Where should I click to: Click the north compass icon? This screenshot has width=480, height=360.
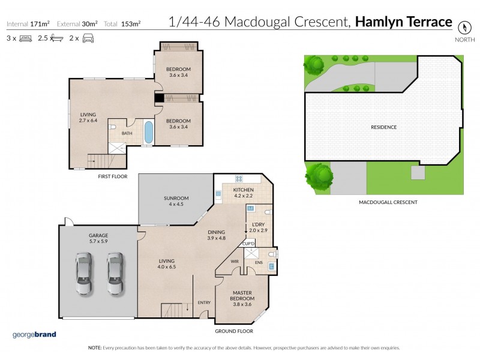463,27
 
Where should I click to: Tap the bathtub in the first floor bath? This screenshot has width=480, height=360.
148,132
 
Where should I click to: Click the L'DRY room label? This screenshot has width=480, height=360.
256,227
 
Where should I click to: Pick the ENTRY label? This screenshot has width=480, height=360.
204,302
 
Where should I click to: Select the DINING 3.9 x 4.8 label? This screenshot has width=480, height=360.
217,235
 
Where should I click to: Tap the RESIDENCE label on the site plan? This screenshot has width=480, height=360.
383,127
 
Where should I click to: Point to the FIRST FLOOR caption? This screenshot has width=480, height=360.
113,177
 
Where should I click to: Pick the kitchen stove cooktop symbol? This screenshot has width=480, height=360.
239,179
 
